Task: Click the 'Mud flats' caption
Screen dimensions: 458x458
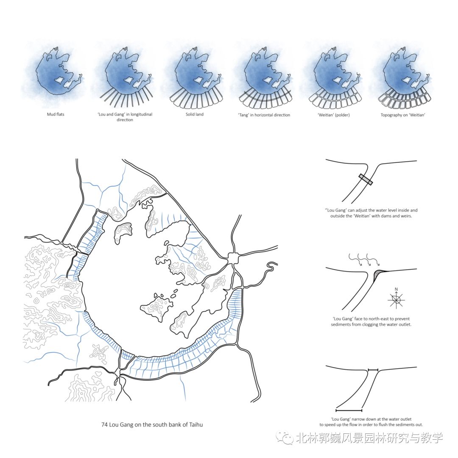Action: [x=56, y=114]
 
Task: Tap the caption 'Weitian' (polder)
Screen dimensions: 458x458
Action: [x=333, y=114]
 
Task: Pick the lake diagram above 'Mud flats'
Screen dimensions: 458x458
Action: [x=56, y=72]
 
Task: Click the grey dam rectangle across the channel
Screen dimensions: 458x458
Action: [x=366, y=179]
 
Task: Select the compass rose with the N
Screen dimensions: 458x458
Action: [x=396, y=300]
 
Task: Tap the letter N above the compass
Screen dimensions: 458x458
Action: [x=396, y=290]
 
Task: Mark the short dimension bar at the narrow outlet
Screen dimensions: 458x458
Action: [x=374, y=370]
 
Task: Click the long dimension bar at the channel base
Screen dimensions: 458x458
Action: [x=349, y=411]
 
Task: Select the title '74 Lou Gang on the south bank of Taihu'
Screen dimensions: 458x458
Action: [x=152, y=424]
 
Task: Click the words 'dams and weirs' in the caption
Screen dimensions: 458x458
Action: [x=394, y=216]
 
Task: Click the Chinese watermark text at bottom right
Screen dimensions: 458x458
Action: [x=369, y=438]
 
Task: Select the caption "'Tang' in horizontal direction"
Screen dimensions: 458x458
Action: [x=264, y=114]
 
